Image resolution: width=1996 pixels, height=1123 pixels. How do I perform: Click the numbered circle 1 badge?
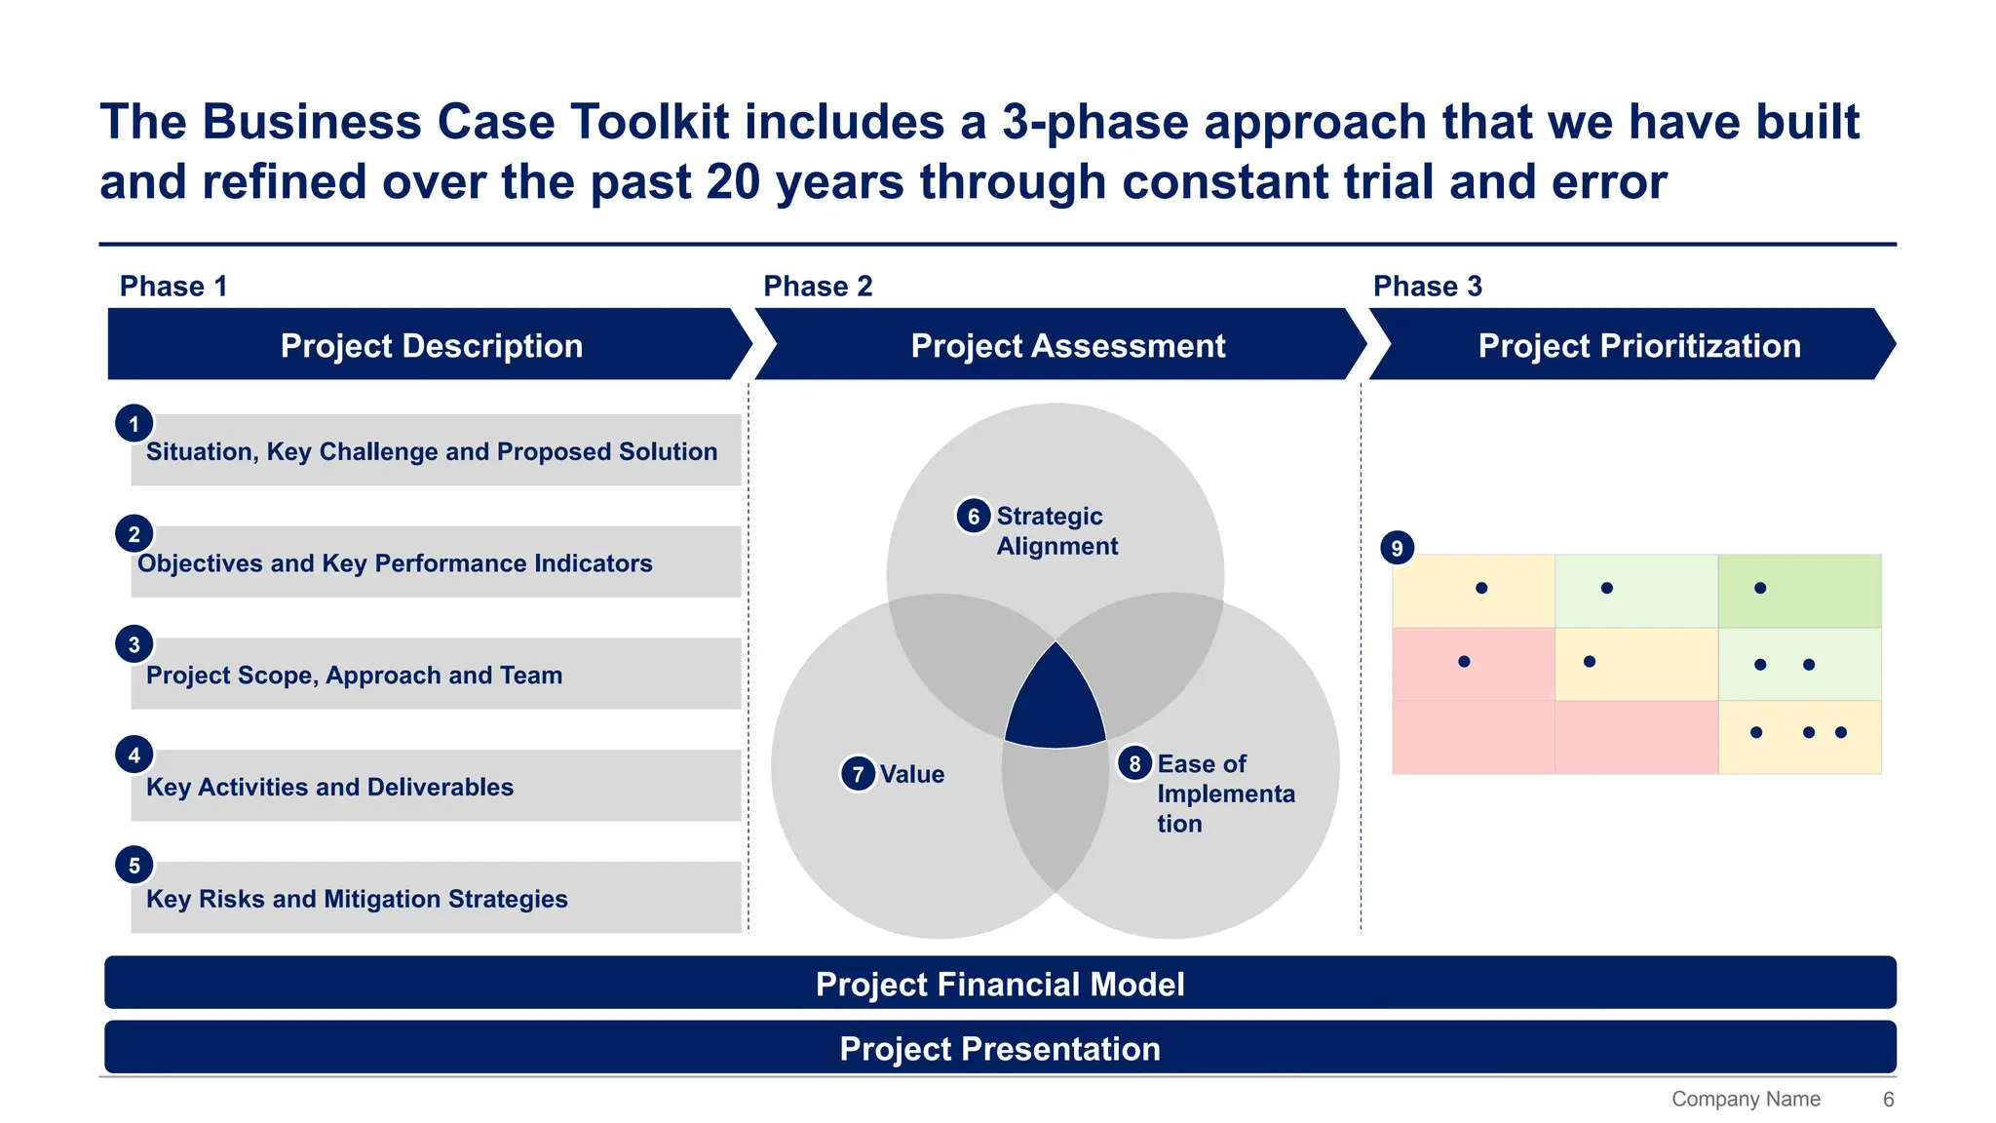tap(134, 424)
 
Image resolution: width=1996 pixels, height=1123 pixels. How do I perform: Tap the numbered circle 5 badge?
tap(134, 866)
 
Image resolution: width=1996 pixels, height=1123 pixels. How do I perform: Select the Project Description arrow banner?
tap(431, 345)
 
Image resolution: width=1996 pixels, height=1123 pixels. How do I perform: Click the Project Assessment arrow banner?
tap(1067, 345)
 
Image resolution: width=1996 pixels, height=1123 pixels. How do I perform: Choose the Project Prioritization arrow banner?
tap(1638, 345)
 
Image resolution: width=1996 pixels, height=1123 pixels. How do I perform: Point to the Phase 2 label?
tap(818, 286)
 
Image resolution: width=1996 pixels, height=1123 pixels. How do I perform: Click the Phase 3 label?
tap(1427, 286)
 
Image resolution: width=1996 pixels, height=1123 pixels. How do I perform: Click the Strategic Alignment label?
tap(1056, 530)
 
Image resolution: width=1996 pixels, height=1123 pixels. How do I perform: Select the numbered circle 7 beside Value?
tap(858, 774)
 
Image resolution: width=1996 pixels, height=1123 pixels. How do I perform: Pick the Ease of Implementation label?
tap(1225, 794)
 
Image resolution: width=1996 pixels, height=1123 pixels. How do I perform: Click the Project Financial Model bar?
tap(1000, 984)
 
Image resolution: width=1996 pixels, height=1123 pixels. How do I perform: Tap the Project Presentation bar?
tap(1000, 1048)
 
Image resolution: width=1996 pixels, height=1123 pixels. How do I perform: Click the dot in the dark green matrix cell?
tap(1760, 588)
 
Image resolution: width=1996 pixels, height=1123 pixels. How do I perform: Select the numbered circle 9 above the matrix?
tap(1397, 548)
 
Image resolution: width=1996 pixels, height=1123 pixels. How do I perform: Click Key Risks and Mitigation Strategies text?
tap(357, 899)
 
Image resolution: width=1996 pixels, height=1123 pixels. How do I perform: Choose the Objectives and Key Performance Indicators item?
tap(395, 563)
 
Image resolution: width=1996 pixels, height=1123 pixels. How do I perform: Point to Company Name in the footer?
tap(1746, 1099)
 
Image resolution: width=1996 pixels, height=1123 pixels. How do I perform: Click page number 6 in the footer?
tap(1888, 1099)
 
